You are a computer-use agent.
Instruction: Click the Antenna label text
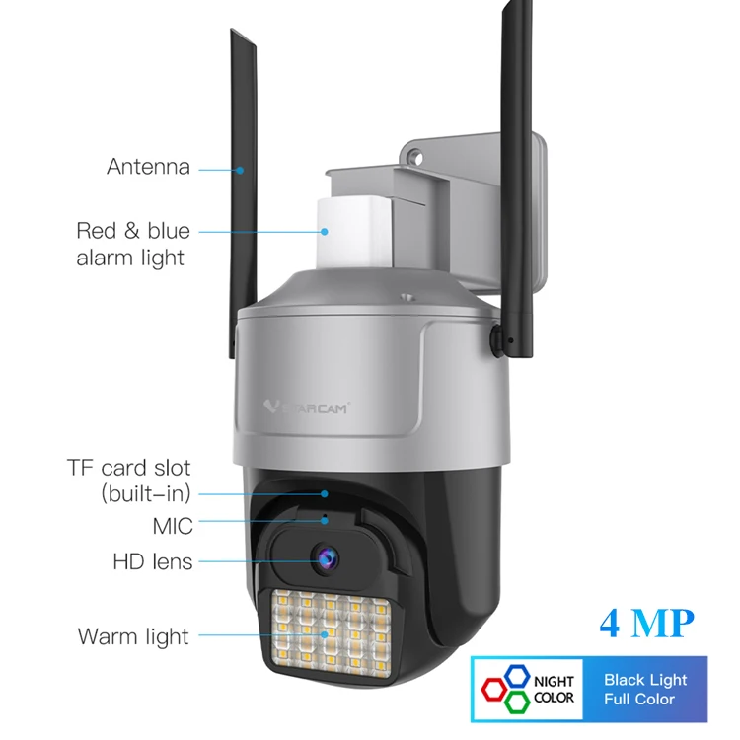point(148,166)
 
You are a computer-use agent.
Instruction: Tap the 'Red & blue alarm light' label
point(133,244)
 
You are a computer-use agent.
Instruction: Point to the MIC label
point(172,526)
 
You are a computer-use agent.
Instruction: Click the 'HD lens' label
point(152,562)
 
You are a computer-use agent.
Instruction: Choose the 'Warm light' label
point(133,636)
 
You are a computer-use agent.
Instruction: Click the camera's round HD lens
point(324,558)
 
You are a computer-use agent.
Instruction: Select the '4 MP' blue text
point(646,624)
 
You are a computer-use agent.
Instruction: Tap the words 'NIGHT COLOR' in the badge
point(554,689)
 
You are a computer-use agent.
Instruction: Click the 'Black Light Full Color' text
point(645,689)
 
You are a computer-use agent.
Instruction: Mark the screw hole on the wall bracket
point(415,158)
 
